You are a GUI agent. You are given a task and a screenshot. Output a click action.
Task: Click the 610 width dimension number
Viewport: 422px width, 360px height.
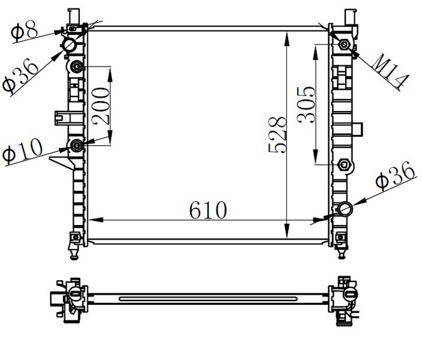point(208,210)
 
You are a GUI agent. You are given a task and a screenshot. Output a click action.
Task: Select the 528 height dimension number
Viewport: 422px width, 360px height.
point(277,134)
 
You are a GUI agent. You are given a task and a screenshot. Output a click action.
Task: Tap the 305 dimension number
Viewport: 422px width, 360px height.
point(306,104)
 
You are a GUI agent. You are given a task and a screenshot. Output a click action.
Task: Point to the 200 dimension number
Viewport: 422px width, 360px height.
point(101,106)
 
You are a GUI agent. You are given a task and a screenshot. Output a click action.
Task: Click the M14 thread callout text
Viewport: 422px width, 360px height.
point(390,71)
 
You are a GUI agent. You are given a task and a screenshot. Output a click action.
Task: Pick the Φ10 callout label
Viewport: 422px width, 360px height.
point(22,151)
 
